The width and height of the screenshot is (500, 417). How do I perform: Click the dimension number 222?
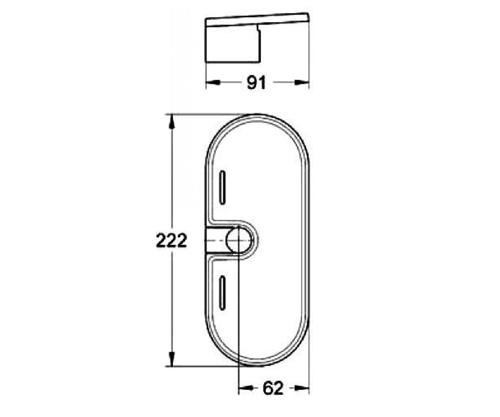(x=171, y=240)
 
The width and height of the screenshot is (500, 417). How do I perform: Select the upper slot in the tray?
(x=222, y=187)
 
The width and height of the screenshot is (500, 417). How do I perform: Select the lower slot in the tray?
(x=222, y=293)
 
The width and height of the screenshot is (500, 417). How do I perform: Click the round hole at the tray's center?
(x=239, y=240)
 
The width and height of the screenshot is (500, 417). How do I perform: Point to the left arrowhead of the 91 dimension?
(x=213, y=82)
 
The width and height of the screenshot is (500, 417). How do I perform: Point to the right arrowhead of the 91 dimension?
(x=302, y=82)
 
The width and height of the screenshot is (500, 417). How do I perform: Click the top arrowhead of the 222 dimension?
(x=171, y=122)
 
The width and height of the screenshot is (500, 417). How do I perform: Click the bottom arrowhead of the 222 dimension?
(x=171, y=359)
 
